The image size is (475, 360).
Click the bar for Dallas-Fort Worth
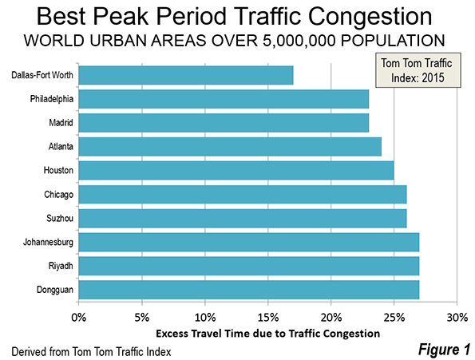tap(186, 75)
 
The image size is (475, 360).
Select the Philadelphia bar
tap(224, 99)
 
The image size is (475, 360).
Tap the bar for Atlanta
tap(230, 147)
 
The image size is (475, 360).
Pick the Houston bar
tap(236, 171)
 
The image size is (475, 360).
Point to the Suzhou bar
tap(243, 218)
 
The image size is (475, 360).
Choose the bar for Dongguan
tap(249, 290)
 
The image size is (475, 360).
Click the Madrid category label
tap(61, 123)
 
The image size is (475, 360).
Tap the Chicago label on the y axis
tap(58, 195)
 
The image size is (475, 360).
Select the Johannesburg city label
tap(48, 242)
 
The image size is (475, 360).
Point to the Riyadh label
tap(61, 266)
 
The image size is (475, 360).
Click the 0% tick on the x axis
tap(79, 318)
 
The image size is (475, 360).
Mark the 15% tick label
tap(268, 318)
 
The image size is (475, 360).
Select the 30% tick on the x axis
tap(457, 318)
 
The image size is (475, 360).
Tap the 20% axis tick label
tap(331, 318)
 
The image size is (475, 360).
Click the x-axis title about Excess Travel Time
tap(267, 334)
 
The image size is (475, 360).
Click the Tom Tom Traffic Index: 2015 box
tap(418, 70)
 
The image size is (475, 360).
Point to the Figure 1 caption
tap(444, 350)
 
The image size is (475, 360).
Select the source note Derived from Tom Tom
tap(91, 352)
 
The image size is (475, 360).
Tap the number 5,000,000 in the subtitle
tap(299, 41)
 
